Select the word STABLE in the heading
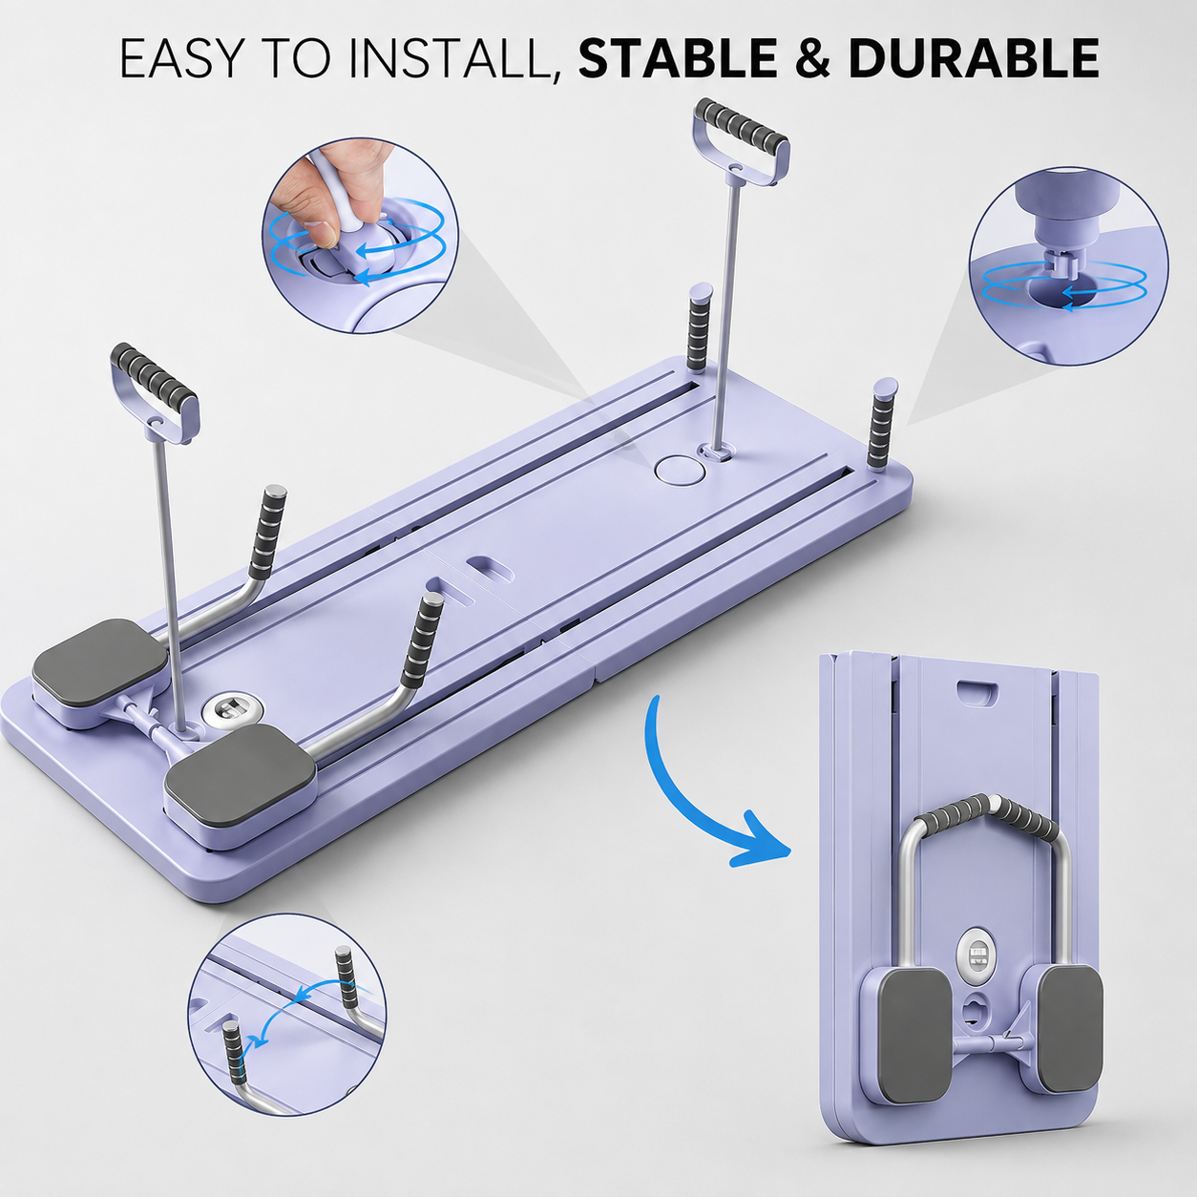677,58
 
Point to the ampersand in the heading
812,58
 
